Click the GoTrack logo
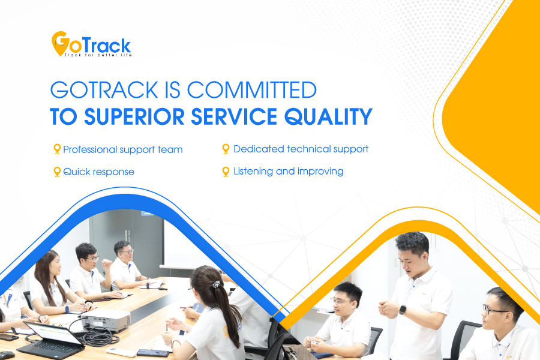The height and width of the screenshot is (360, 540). click(92, 44)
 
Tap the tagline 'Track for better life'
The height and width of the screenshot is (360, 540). click(98, 55)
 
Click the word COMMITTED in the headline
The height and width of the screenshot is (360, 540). click(252, 90)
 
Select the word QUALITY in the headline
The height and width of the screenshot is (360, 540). click(328, 116)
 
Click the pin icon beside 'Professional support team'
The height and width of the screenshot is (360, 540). click(57, 149)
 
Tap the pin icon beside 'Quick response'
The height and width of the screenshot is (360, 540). click(57, 172)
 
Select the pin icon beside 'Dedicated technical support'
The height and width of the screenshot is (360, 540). click(226, 149)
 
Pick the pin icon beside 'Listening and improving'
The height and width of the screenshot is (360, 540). click(226, 172)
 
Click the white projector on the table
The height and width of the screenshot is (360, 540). click(106, 320)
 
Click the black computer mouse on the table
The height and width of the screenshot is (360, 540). click(7, 355)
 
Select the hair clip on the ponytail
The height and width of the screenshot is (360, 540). click(216, 284)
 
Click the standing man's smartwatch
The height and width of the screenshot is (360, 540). click(402, 310)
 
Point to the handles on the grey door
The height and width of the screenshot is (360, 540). click(128, 236)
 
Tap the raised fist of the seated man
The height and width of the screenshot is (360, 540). click(106, 265)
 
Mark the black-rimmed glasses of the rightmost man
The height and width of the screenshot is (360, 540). click(495, 310)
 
